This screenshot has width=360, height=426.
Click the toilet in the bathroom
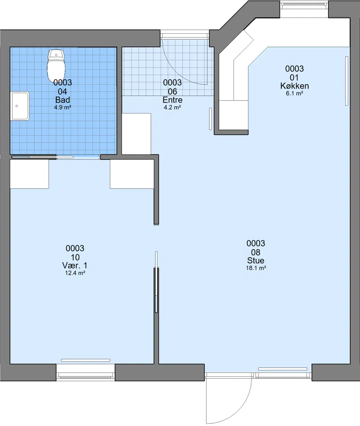[56, 66]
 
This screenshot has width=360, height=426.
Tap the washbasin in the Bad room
[20, 106]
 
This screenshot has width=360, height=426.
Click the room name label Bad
[63, 100]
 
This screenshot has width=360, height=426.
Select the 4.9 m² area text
[63, 107]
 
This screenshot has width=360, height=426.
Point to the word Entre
[172, 100]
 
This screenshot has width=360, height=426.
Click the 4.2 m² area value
[172, 107]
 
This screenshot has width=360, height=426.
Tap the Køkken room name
[295, 86]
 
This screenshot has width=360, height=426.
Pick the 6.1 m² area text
[295, 94]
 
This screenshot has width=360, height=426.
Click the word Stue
[256, 260]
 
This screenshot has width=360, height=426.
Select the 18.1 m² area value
[256, 268]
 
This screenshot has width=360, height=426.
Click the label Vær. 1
[75, 265]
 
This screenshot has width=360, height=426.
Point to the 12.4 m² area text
[75, 273]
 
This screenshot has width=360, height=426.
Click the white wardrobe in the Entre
[136, 134]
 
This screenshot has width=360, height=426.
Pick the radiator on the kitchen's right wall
[346, 81]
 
